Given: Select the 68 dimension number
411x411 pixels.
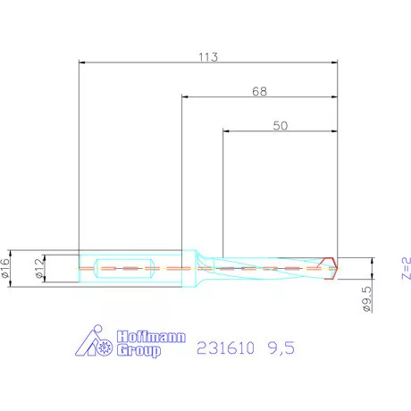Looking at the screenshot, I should click(x=259, y=91).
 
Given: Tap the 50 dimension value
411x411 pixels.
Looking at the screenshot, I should click(x=280, y=127).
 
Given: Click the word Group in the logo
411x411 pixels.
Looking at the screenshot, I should click(x=141, y=352).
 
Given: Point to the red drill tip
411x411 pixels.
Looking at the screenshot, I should click(x=331, y=267).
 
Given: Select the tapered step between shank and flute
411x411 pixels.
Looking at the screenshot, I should click(x=201, y=265).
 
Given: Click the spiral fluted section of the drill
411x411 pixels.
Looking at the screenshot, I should click(x=268, y=267).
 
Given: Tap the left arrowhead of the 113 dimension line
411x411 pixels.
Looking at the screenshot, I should click(x=82, y=63).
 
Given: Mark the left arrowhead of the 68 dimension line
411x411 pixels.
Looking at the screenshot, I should click(x=184, y=97).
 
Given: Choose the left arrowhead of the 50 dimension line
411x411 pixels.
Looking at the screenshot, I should click(x=224, y=133).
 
